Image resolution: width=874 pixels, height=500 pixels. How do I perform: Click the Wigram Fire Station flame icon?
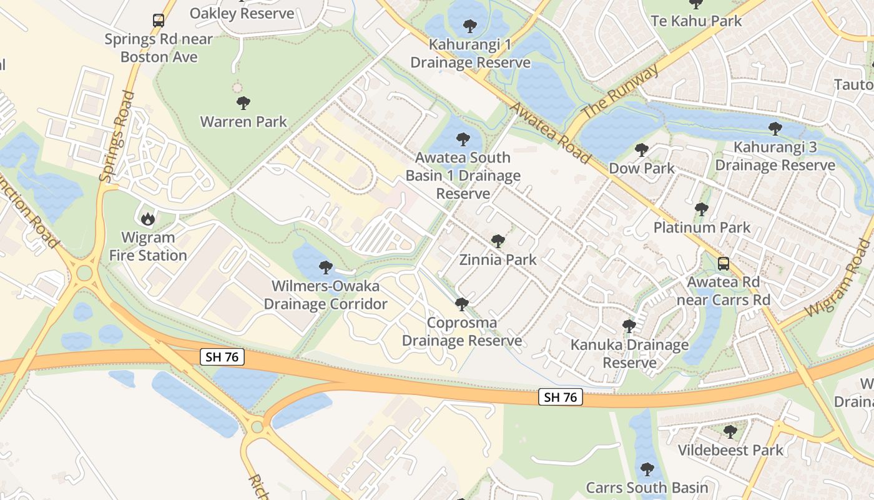click(x=148, y=218)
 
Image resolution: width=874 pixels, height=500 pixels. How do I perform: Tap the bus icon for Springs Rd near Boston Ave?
click(x=159, y=21)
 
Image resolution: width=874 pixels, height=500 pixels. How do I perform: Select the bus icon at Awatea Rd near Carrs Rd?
click(x=723, y=263)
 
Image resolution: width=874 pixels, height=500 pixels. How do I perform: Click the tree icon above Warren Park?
click(x=243, y=103)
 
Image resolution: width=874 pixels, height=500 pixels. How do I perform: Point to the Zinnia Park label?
click(x=498, y=259)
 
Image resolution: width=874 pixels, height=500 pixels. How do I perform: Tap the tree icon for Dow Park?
click(x=641, y=150)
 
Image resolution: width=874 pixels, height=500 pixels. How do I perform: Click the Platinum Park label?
click(x=702, y=227)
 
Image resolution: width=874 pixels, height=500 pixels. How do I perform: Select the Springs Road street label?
click(x=118, y=137)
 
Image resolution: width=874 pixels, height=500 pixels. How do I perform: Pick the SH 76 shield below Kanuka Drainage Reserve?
click(x=561, y=397)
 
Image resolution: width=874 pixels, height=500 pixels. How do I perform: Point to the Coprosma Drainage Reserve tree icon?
click(x=462, y=304)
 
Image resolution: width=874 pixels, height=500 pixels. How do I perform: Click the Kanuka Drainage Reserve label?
click(x=629, y=354)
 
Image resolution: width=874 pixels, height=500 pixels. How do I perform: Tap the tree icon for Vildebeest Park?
click(x=730, y=431)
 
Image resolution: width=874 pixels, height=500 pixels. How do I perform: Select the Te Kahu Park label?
click(x=696, y=21)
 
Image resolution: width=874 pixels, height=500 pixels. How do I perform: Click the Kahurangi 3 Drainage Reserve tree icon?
click(x=775, y=129)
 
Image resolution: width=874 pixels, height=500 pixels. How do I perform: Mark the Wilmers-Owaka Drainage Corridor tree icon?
click(x=325, y=267)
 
